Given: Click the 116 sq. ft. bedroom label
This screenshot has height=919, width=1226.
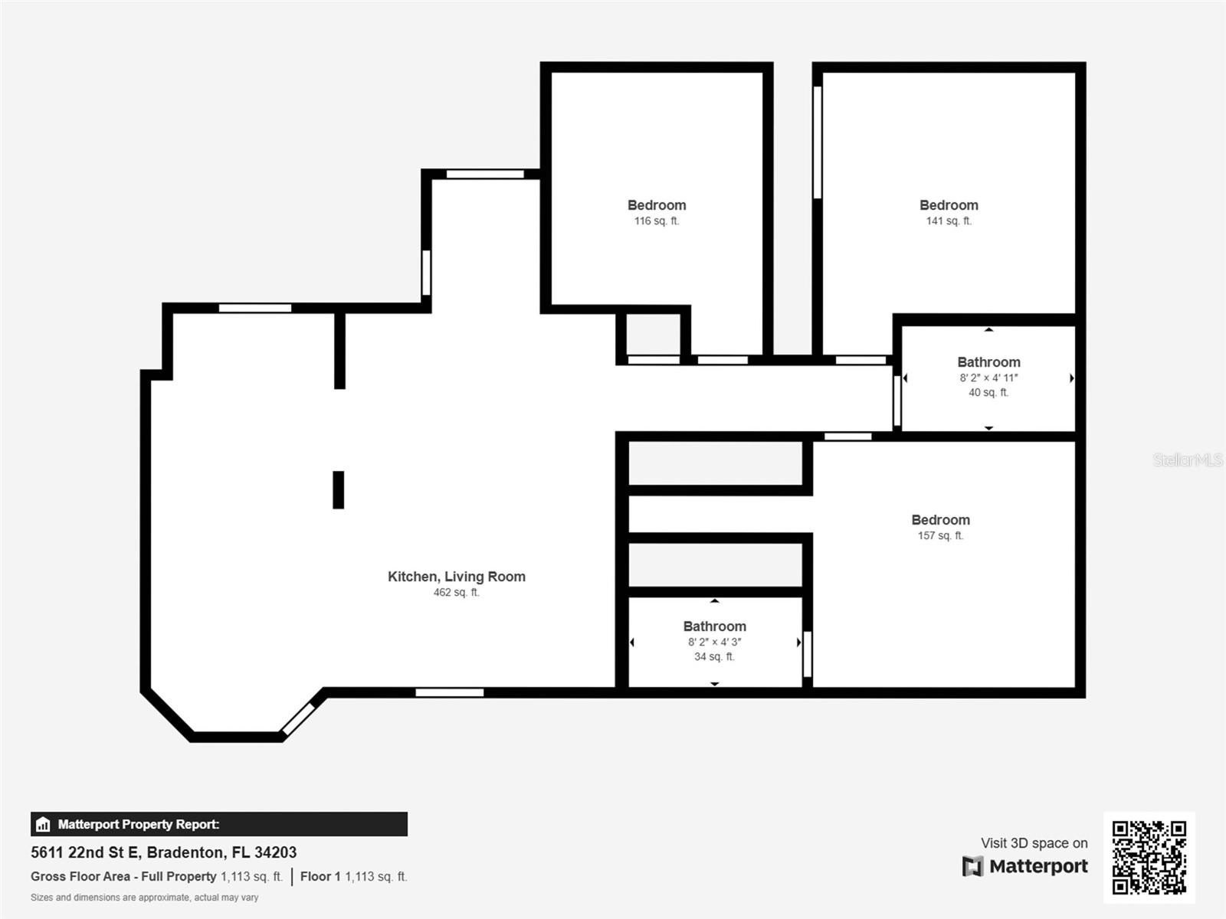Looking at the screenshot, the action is (656, 205).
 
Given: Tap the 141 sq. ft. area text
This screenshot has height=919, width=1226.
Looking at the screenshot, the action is (949, 221).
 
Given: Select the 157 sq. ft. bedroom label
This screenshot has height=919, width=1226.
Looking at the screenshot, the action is (941, 520).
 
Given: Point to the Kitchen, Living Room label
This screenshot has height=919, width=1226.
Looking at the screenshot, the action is (457, 577).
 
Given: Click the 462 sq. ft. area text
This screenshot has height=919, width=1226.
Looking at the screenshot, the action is (457, 592).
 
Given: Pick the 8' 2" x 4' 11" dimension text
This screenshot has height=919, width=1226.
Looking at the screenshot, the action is (988, 378).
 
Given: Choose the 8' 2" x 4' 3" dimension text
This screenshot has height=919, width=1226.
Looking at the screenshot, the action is (714, 642).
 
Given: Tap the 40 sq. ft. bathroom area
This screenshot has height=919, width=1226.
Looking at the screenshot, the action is (988, 392).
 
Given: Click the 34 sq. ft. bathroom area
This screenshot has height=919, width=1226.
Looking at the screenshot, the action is (714, 657).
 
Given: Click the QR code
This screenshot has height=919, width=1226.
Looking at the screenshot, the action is (1149, 858).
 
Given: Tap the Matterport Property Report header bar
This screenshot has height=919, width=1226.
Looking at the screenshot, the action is (219, 824).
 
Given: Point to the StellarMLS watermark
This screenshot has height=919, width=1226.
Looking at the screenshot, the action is (1188, 459).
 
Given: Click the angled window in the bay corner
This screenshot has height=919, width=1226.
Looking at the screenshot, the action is (298, 719).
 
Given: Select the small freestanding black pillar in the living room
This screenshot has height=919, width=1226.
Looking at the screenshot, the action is (339, 490).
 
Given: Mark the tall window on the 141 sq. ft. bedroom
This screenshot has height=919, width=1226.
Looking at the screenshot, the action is (817, 142).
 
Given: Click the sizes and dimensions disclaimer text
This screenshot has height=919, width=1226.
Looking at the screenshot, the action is (145, 898).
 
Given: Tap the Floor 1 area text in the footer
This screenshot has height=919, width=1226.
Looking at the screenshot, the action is (353, 877).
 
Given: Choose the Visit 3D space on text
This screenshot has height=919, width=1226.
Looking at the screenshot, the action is (1034, 843).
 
